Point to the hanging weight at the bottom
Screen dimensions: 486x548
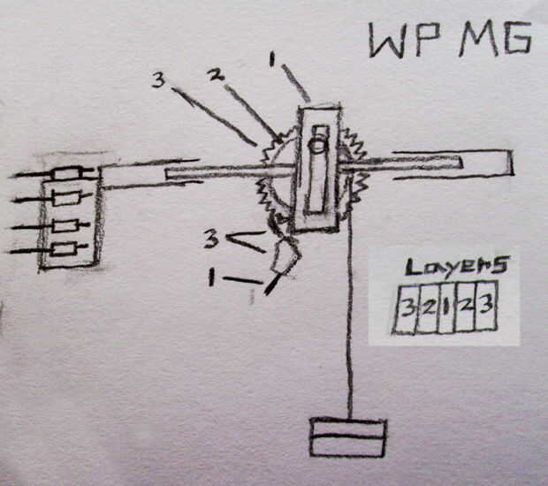point(348,437)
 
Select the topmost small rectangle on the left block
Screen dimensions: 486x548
point(70,173)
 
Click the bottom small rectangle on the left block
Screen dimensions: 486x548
point(65,251)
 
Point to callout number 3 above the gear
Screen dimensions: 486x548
point(158,80)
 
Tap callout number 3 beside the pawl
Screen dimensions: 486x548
point(212,238)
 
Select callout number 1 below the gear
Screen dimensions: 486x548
point(211,277)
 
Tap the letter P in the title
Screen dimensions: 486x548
point(430,41)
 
